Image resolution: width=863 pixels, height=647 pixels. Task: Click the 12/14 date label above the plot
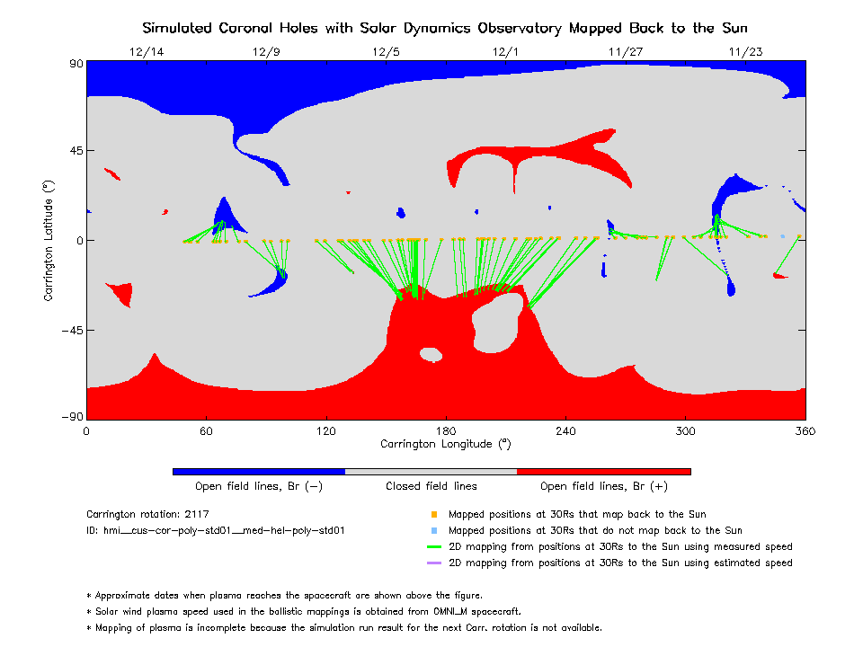point(147,52)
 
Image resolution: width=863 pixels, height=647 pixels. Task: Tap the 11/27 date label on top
point(626,52)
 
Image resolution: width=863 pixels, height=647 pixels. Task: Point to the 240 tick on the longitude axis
point(565,430)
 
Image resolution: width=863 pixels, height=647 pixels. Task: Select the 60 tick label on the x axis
point(206,430)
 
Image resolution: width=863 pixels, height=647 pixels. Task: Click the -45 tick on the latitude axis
point(72,330)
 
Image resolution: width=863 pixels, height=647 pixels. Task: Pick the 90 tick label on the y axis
point(76,64)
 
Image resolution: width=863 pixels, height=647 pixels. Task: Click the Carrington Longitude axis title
point(446,444)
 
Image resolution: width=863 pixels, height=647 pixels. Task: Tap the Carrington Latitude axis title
point(49,241)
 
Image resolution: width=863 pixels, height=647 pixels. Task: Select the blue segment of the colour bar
point(259,472)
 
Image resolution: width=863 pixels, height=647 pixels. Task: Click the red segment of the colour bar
point(604,472)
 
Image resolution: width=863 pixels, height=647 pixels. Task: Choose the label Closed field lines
point(431,486)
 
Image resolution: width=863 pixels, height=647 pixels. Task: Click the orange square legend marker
point(434,514)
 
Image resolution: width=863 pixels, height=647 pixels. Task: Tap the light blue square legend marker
point(434,531)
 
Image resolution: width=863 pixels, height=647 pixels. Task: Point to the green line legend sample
point(434,547)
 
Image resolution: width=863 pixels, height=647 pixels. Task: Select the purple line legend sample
point(434,563)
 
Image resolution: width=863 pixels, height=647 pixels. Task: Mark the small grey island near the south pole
point(431,354)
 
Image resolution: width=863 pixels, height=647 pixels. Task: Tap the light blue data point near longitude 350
point(783,236)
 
